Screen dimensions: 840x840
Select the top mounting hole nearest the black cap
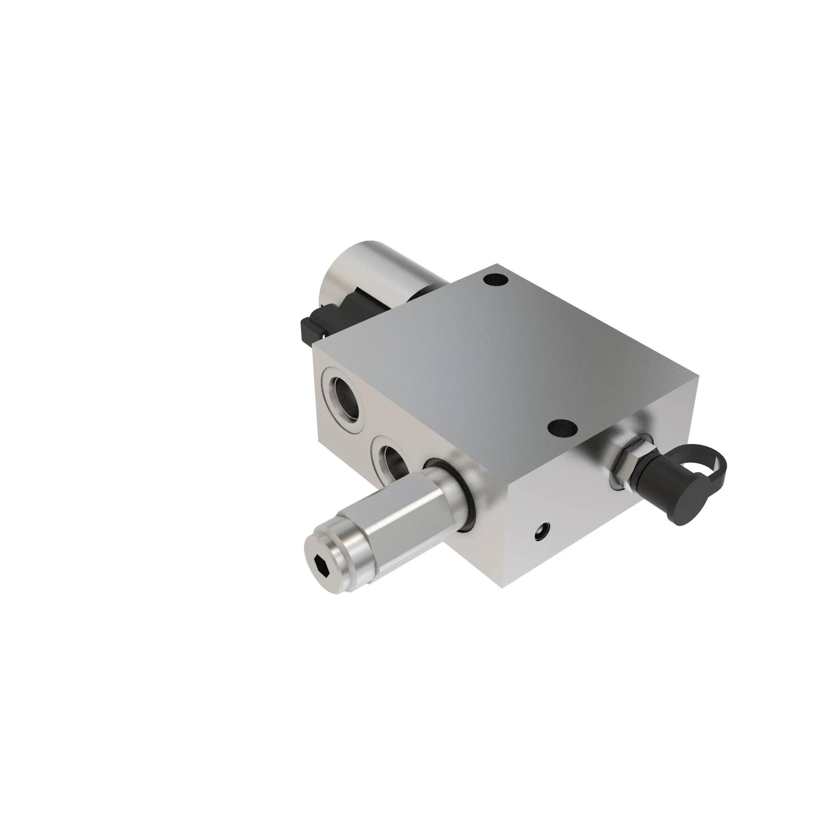562,429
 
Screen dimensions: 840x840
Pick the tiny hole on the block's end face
541,531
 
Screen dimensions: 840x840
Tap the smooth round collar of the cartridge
448,491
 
